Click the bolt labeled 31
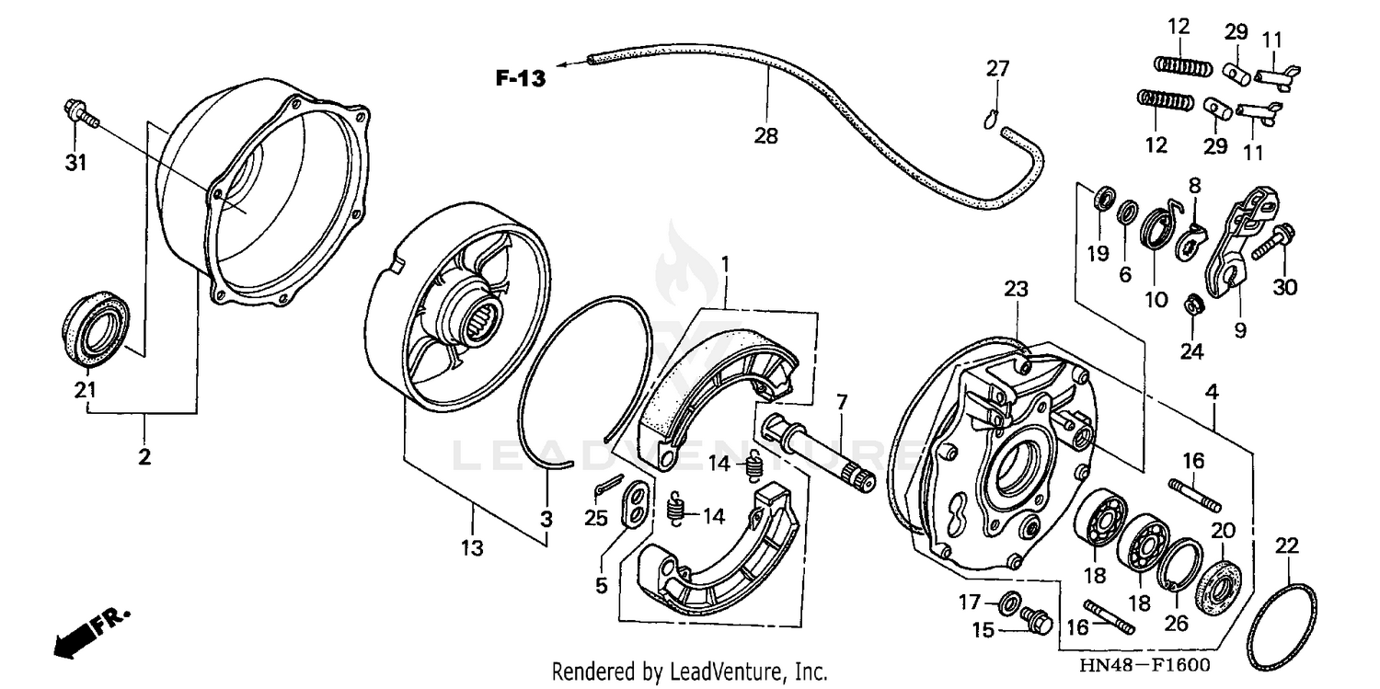point(81,114)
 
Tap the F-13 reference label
point(521,79)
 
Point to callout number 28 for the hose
point(765,137)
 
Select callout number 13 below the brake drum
point(472,549)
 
